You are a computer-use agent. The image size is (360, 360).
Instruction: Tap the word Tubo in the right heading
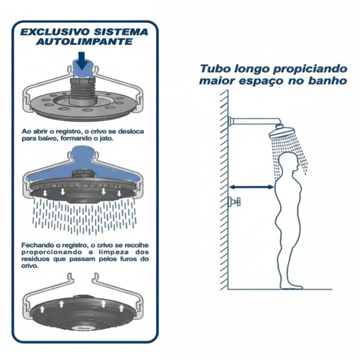[x=212, y=69]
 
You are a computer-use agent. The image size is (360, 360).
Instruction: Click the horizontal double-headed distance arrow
[x=252, y=187]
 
